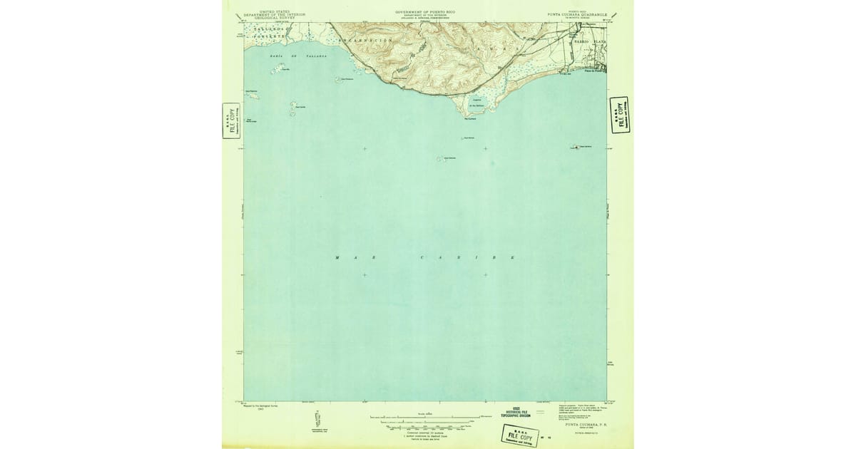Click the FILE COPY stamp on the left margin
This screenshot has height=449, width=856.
[x=231, y=120]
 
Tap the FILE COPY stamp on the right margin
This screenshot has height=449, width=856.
[x=619, y=115]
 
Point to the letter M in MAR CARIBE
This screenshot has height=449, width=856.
[x=337, y=257]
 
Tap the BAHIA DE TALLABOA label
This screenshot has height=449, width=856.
[x=298, y=55]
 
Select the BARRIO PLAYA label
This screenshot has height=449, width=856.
[x=589, y=42]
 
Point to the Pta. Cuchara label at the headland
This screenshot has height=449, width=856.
[x=469, y=119]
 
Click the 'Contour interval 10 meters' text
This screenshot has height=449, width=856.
[x=425, y=433]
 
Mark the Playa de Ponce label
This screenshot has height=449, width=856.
[x=593, y=70]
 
